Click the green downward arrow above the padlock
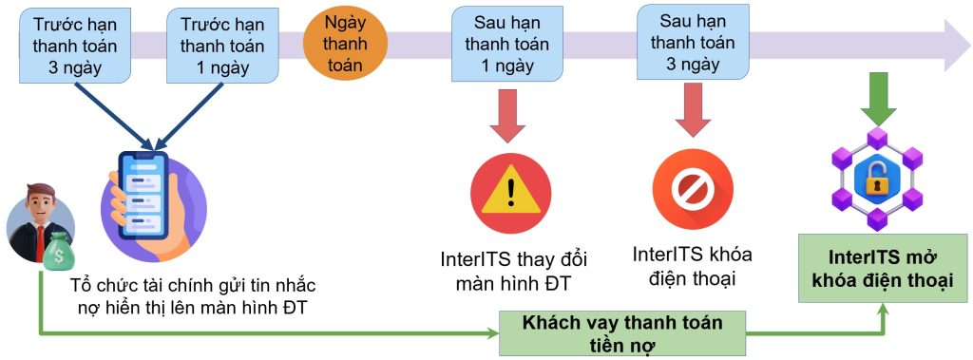coord(878,100)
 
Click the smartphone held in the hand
coord(143,194)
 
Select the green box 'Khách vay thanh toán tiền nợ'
coord(622,332)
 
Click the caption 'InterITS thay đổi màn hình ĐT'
coord(510,270)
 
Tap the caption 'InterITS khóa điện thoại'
coord(692,267)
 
